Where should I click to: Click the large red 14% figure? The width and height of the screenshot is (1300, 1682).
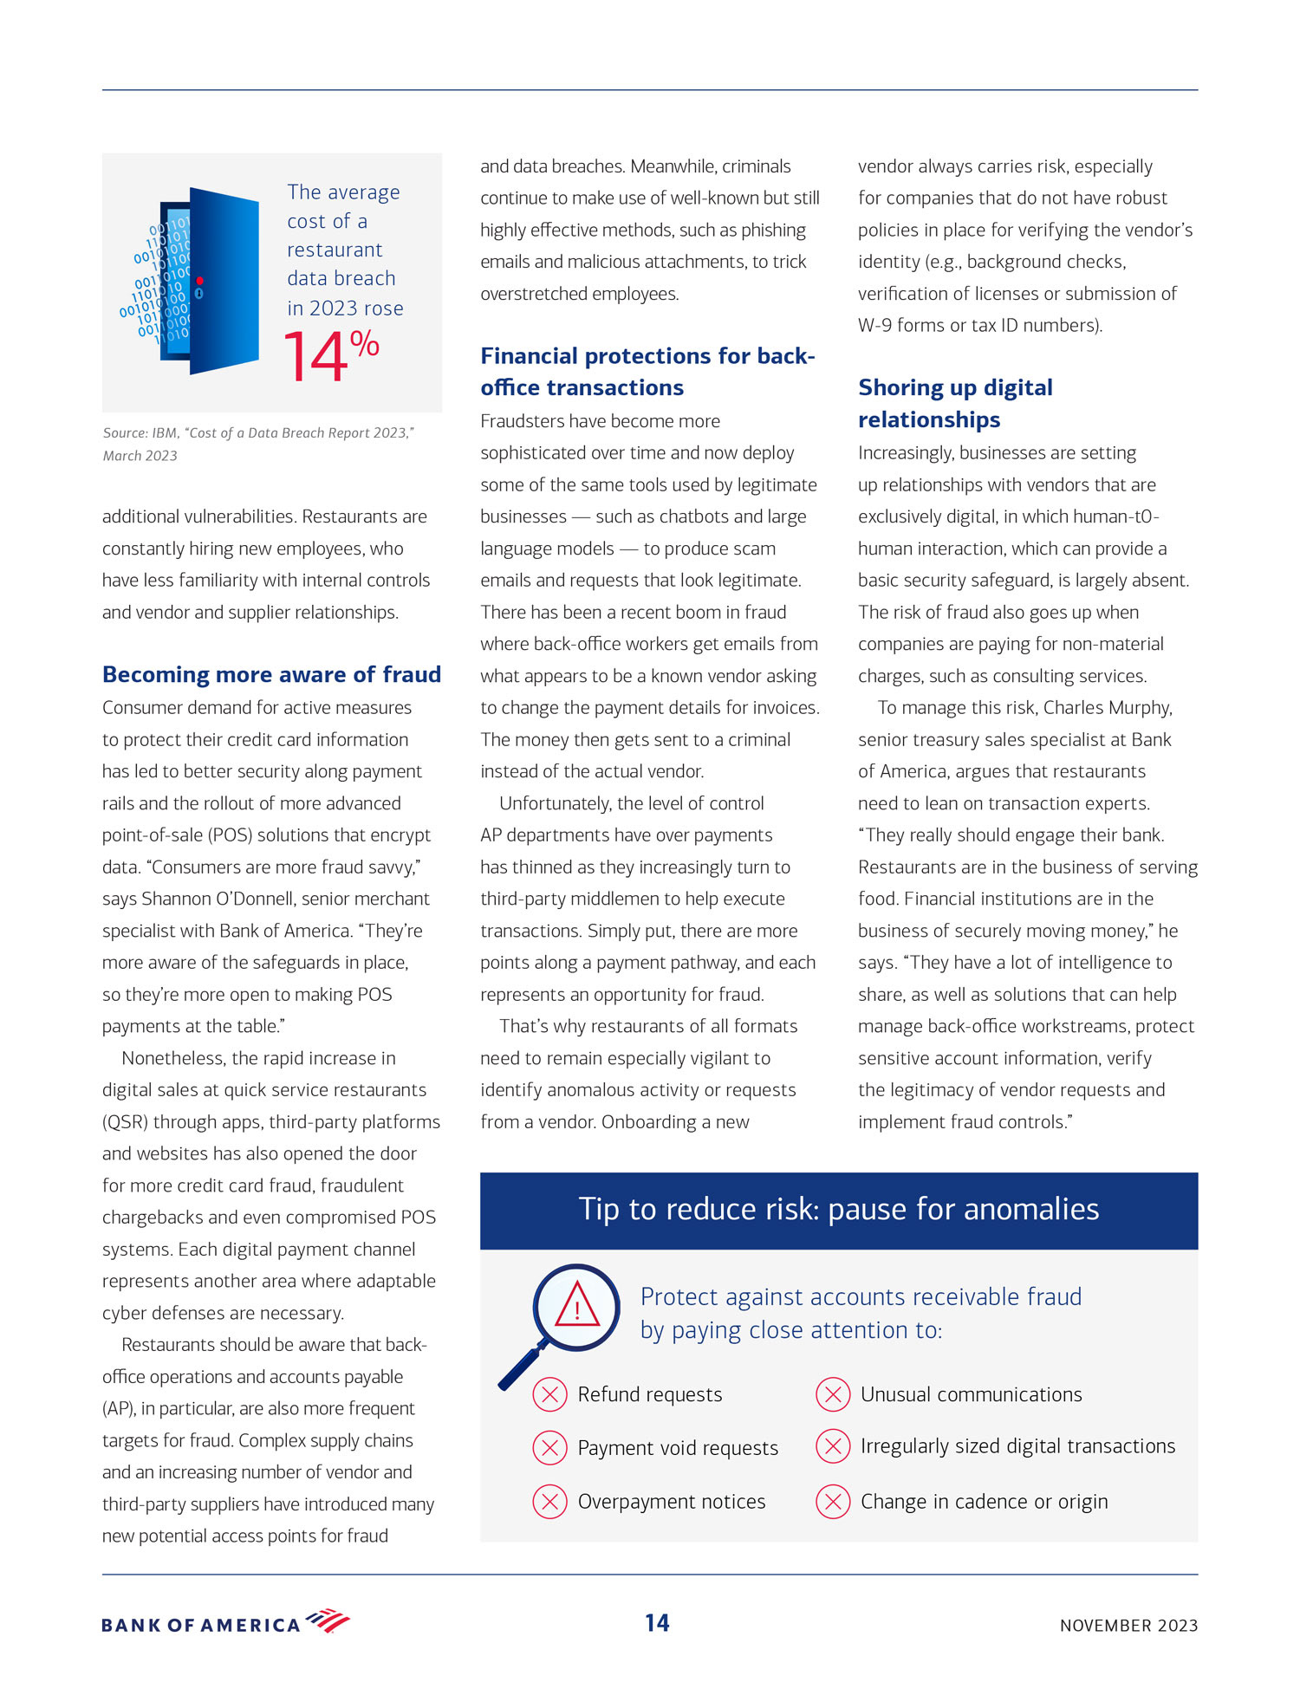(x=330, y=355)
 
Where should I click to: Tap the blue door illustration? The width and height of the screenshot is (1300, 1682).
(x=212, y=281)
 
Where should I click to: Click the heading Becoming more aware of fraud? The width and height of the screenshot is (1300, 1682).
(x=271, y=674)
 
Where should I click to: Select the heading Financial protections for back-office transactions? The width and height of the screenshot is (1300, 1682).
(x=647, y=372)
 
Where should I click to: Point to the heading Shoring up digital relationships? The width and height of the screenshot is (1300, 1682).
(x=955, y=403)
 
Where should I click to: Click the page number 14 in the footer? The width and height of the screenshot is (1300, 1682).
(x=657, y=1623)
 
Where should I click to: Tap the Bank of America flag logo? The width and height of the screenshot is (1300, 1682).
(x=328, y=1620)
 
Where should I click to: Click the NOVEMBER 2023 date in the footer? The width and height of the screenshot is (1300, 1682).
(x=1128, y=1626)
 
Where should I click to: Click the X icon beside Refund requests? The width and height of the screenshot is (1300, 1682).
(x=549, y=1394)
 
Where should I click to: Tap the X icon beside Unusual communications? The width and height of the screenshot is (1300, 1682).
(x=832, y=1394)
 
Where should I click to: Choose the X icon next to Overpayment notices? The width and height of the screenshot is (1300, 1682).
(x=549, y=1502)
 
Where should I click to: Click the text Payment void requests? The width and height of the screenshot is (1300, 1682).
(x=678, y=1448)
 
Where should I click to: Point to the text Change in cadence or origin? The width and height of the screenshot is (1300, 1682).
(x=984, y=1502)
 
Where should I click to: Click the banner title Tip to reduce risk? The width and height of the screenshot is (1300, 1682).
(x=838, y=1209)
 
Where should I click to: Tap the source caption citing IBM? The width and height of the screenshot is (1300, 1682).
(x=258, y=444)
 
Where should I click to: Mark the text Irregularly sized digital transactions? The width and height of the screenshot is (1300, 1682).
(x=1017, y=1446)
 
